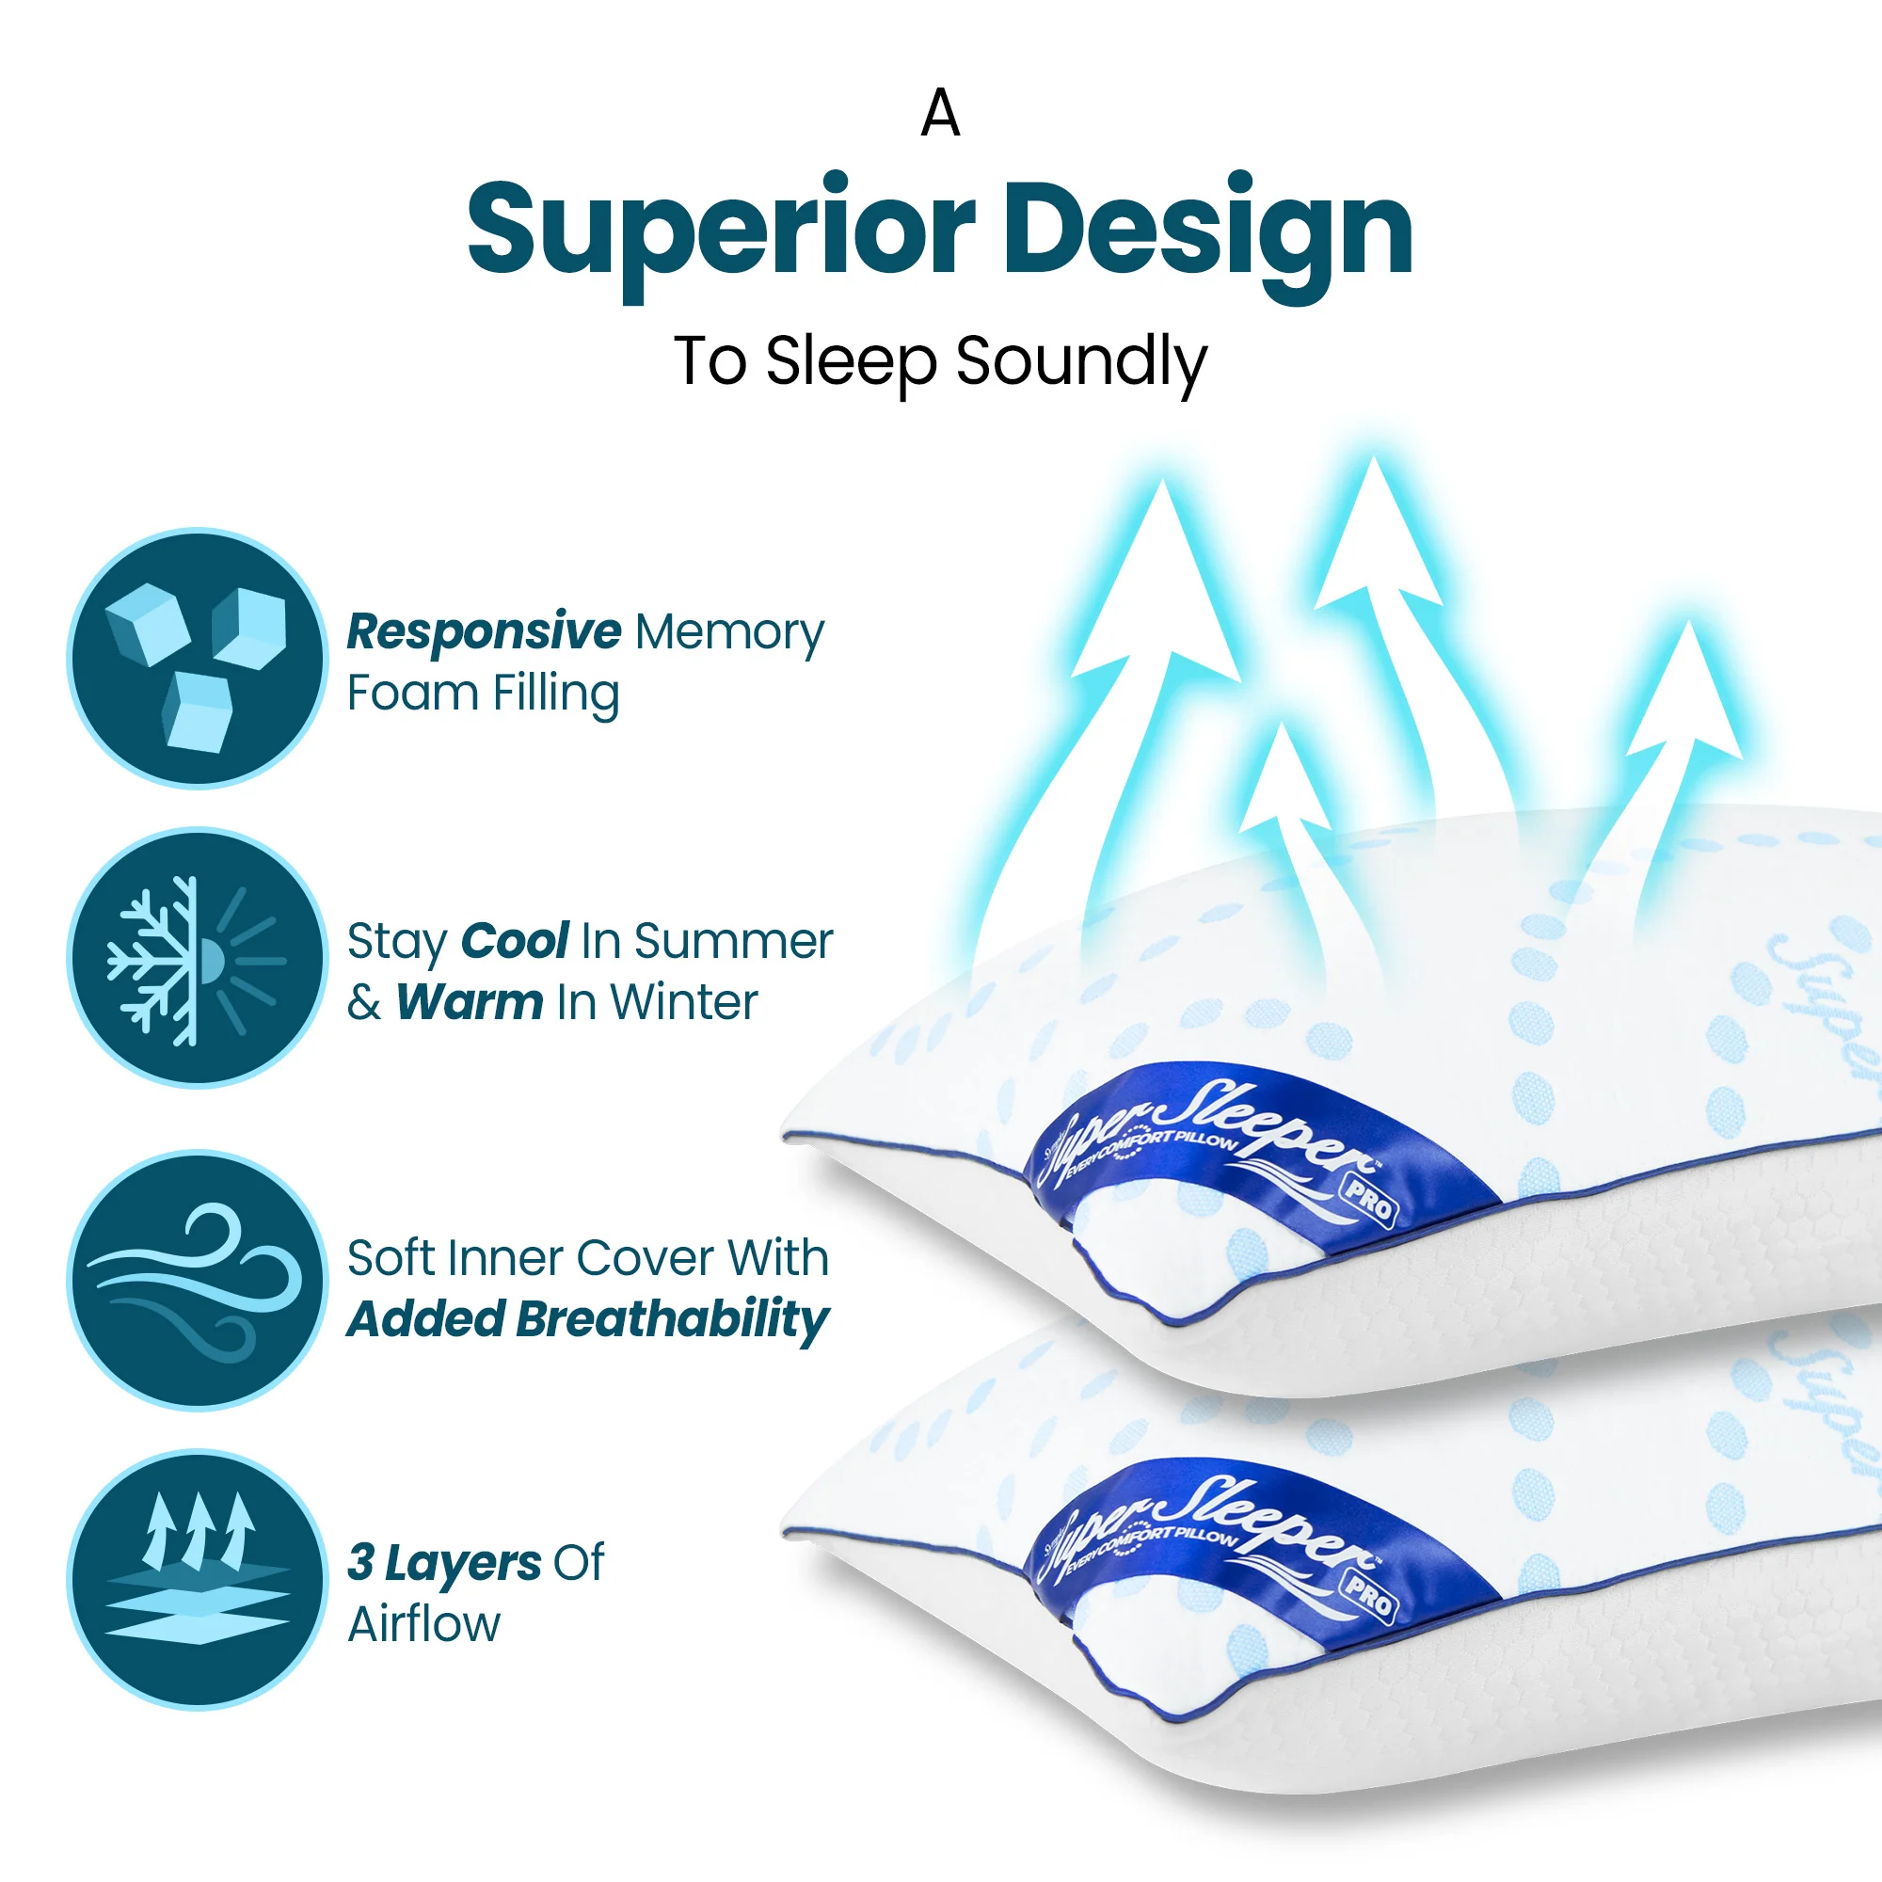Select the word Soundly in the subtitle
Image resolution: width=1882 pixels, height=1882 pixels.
point(1081,362)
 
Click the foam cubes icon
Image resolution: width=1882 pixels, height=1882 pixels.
point(198,659)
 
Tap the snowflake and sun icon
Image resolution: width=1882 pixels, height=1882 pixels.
point(198,959)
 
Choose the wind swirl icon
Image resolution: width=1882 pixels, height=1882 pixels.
point(198,1280)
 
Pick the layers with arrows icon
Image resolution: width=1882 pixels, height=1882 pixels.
point(198,1579)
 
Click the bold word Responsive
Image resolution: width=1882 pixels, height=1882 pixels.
point(484,631)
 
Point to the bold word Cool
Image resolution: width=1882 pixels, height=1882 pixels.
point(515,941)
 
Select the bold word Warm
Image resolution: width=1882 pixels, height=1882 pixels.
point(470,1001)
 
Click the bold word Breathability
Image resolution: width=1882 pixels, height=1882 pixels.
point(672,1319)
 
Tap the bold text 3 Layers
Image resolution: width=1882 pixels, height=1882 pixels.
point(444,1562)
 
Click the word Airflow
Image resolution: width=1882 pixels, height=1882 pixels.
point(423,1624)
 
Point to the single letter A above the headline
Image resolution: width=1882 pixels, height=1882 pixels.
point(940,114)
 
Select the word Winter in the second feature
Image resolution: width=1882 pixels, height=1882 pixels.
point(684,1001)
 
